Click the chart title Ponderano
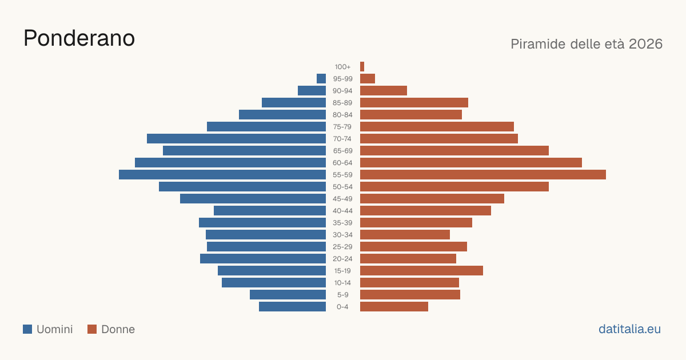pyautogui.click(x=79, y=38)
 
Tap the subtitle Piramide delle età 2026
pyautogui.click(x=587, y=44)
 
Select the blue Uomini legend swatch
pyautogui.click(x=27, y=329)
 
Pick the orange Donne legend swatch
pyautogui.click(x=92, y=329)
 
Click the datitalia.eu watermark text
pyautogui.click(x=629, y=329)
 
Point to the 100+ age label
pyautogui.click(x=342, y=67)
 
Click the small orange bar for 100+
pyautogui.click(x=362, y=67)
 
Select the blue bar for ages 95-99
pyautogui.click(x=321, y=79)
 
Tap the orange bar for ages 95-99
pyautogui.click(x=368, y=79)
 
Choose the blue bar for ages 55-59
pyautogui.click(x=222, y=174)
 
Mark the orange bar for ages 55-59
pyautogui.click(x=483, y=174)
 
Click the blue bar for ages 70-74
pyautogui.click(x=237, y=139)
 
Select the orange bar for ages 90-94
pyautogui.click(x=384, y=91)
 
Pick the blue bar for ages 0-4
pyautogui.click(x=293, y=306)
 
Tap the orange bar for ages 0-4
pyautogui.click(x=394, y=306)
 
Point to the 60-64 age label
pyautogui.click(x=342, y=163)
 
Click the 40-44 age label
pyautogui.click(x=342, y=211)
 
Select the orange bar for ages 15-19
pyautogui.click(x=421, y=271)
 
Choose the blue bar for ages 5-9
pyautogui.click(x=288, y=294)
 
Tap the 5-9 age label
pyautogui.click(x=342, y=295)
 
